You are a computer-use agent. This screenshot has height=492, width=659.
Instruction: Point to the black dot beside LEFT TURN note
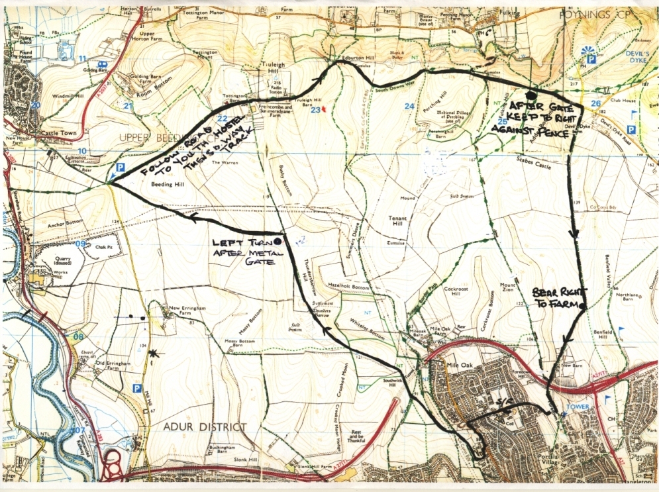pyautogui.click(x=276, y=242)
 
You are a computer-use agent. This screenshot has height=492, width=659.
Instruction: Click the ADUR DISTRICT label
pyautogui.click(x=198, y=427)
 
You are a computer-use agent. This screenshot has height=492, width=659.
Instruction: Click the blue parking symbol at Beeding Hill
pyautogui.click(x=120, y=168)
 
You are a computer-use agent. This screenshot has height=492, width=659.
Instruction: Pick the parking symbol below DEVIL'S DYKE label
pyautogui.click(x=591, y=59)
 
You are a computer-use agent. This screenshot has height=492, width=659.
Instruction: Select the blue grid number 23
pyautogui.click(x=316, y=110)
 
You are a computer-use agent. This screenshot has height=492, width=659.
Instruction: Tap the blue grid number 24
pyautogui.click(x=409, y=107)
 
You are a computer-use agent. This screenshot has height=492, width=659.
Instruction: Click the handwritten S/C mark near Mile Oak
pyautogui.click(x=505, y=403)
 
